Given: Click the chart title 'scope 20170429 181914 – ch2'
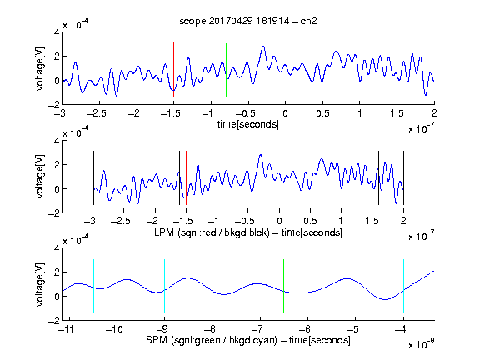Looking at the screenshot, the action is [x=248, y=21].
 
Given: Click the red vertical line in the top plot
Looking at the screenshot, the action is [x=173, y=70].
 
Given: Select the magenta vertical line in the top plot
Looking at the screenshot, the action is [x=397, y=70].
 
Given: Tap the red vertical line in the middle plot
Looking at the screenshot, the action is [x=186, y=177].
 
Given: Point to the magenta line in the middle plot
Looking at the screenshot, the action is [x=372, y=177].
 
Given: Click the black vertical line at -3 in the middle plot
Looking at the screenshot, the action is [x=93, y=177].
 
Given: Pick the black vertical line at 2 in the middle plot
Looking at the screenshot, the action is [x=403, y=177].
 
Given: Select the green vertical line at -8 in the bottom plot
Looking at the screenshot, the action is [x=212, y=286].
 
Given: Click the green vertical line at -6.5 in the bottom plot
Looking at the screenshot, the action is [x=284, y=286].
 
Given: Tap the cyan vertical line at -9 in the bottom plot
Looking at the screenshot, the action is [x=165, y=286].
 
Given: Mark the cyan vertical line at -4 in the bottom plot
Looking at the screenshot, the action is [x=403, y=286].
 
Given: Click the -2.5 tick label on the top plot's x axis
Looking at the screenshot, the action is [x=97, y=113].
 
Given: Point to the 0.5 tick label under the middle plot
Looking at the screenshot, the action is [x=310, y=221].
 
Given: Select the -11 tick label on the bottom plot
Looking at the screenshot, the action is [x=67, y=329].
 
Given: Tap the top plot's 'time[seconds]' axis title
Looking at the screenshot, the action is [x=248, y=124].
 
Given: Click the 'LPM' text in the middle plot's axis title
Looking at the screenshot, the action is [x=164, y=232].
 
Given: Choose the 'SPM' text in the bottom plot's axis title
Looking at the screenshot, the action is [x=157, y=340].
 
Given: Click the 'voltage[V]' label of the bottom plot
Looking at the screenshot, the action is [x=40, y=285].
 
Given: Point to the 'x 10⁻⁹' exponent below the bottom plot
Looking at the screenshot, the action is [x=422, y=344].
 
